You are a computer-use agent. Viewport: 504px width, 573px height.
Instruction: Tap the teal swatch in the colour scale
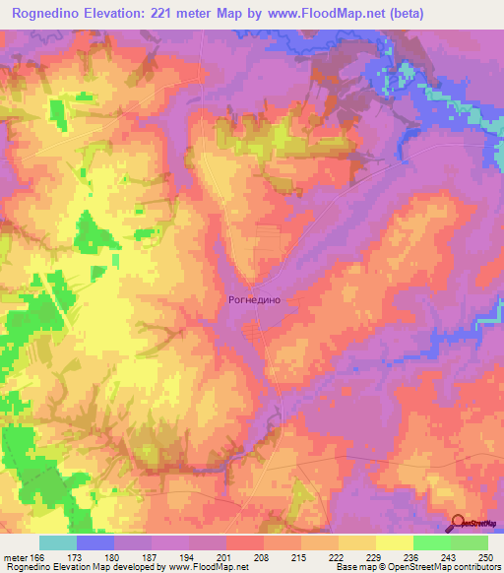coord(58,542)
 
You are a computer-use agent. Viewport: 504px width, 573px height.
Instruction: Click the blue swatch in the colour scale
coord(95,542)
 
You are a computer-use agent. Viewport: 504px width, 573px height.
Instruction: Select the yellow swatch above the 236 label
coord(395,542)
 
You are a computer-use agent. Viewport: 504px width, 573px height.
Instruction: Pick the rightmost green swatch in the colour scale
coord(470,542)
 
